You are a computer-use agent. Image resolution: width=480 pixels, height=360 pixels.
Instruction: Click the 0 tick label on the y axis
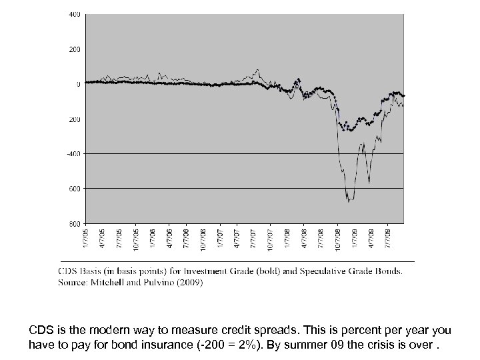(77, 85)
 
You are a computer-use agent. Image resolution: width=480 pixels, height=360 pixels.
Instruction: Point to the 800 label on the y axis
(76, 223)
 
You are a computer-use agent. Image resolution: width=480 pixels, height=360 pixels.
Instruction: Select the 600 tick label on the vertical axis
(76, 189)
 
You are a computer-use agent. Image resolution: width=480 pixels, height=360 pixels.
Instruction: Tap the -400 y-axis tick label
(75, 154)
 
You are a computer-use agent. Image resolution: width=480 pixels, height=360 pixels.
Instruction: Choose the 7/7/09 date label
(389, 237)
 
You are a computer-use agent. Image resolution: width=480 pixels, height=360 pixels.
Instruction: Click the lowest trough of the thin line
(347, 199)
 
